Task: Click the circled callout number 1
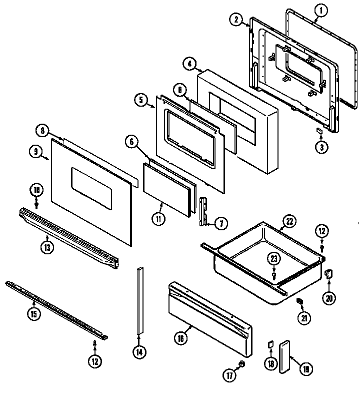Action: [x=321, y=10]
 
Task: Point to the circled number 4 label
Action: [x=188, y=64]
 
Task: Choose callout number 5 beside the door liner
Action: [x=141, y=100]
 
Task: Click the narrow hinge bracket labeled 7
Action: [x=204, y=212]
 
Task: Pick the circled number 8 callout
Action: [x=43, y=131]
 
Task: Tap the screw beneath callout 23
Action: [x=274, y=275]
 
